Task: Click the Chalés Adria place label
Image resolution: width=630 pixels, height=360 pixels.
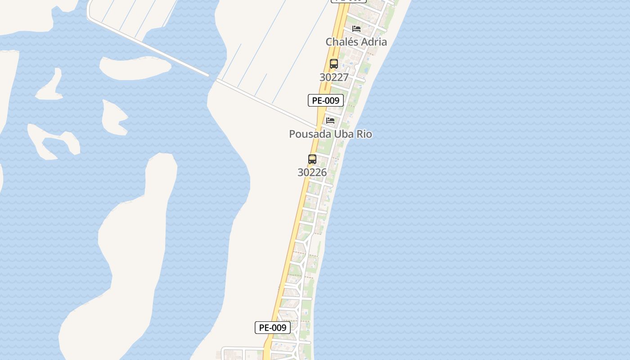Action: pyautogui.click(x=356, y=42)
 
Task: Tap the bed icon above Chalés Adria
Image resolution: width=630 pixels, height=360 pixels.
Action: pyautogui.click(x=356, y=29)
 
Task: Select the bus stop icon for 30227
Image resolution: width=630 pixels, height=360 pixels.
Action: pyautogui.click(x=334, y=64)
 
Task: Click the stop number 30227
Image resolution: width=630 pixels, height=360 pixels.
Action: pyautogui.click(x=334, y=77)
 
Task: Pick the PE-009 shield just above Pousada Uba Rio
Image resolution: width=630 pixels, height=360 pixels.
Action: pyautogui.click(x=326, y=100)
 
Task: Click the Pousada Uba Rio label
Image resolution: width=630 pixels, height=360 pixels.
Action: pyautogui.click(x=330, y=134)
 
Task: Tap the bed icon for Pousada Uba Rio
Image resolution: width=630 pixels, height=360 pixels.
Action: pyautogui.click(x=330, y=121)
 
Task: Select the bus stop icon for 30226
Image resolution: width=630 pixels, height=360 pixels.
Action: pyautogui.click(x=312, y=159)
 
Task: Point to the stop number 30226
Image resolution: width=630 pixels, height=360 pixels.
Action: pyautogui.click(x=312, y=172)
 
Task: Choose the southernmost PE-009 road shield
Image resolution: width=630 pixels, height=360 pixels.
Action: pyautogui.click(x=273, y=328)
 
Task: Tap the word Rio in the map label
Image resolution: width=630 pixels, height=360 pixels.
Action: pyautogui.click(x=364, y=134)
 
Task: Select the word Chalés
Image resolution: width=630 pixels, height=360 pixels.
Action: pyautogui.click(x=342, y=42)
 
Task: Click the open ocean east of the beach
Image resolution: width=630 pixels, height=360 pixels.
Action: pyautogui.click(x=495, y=180)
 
